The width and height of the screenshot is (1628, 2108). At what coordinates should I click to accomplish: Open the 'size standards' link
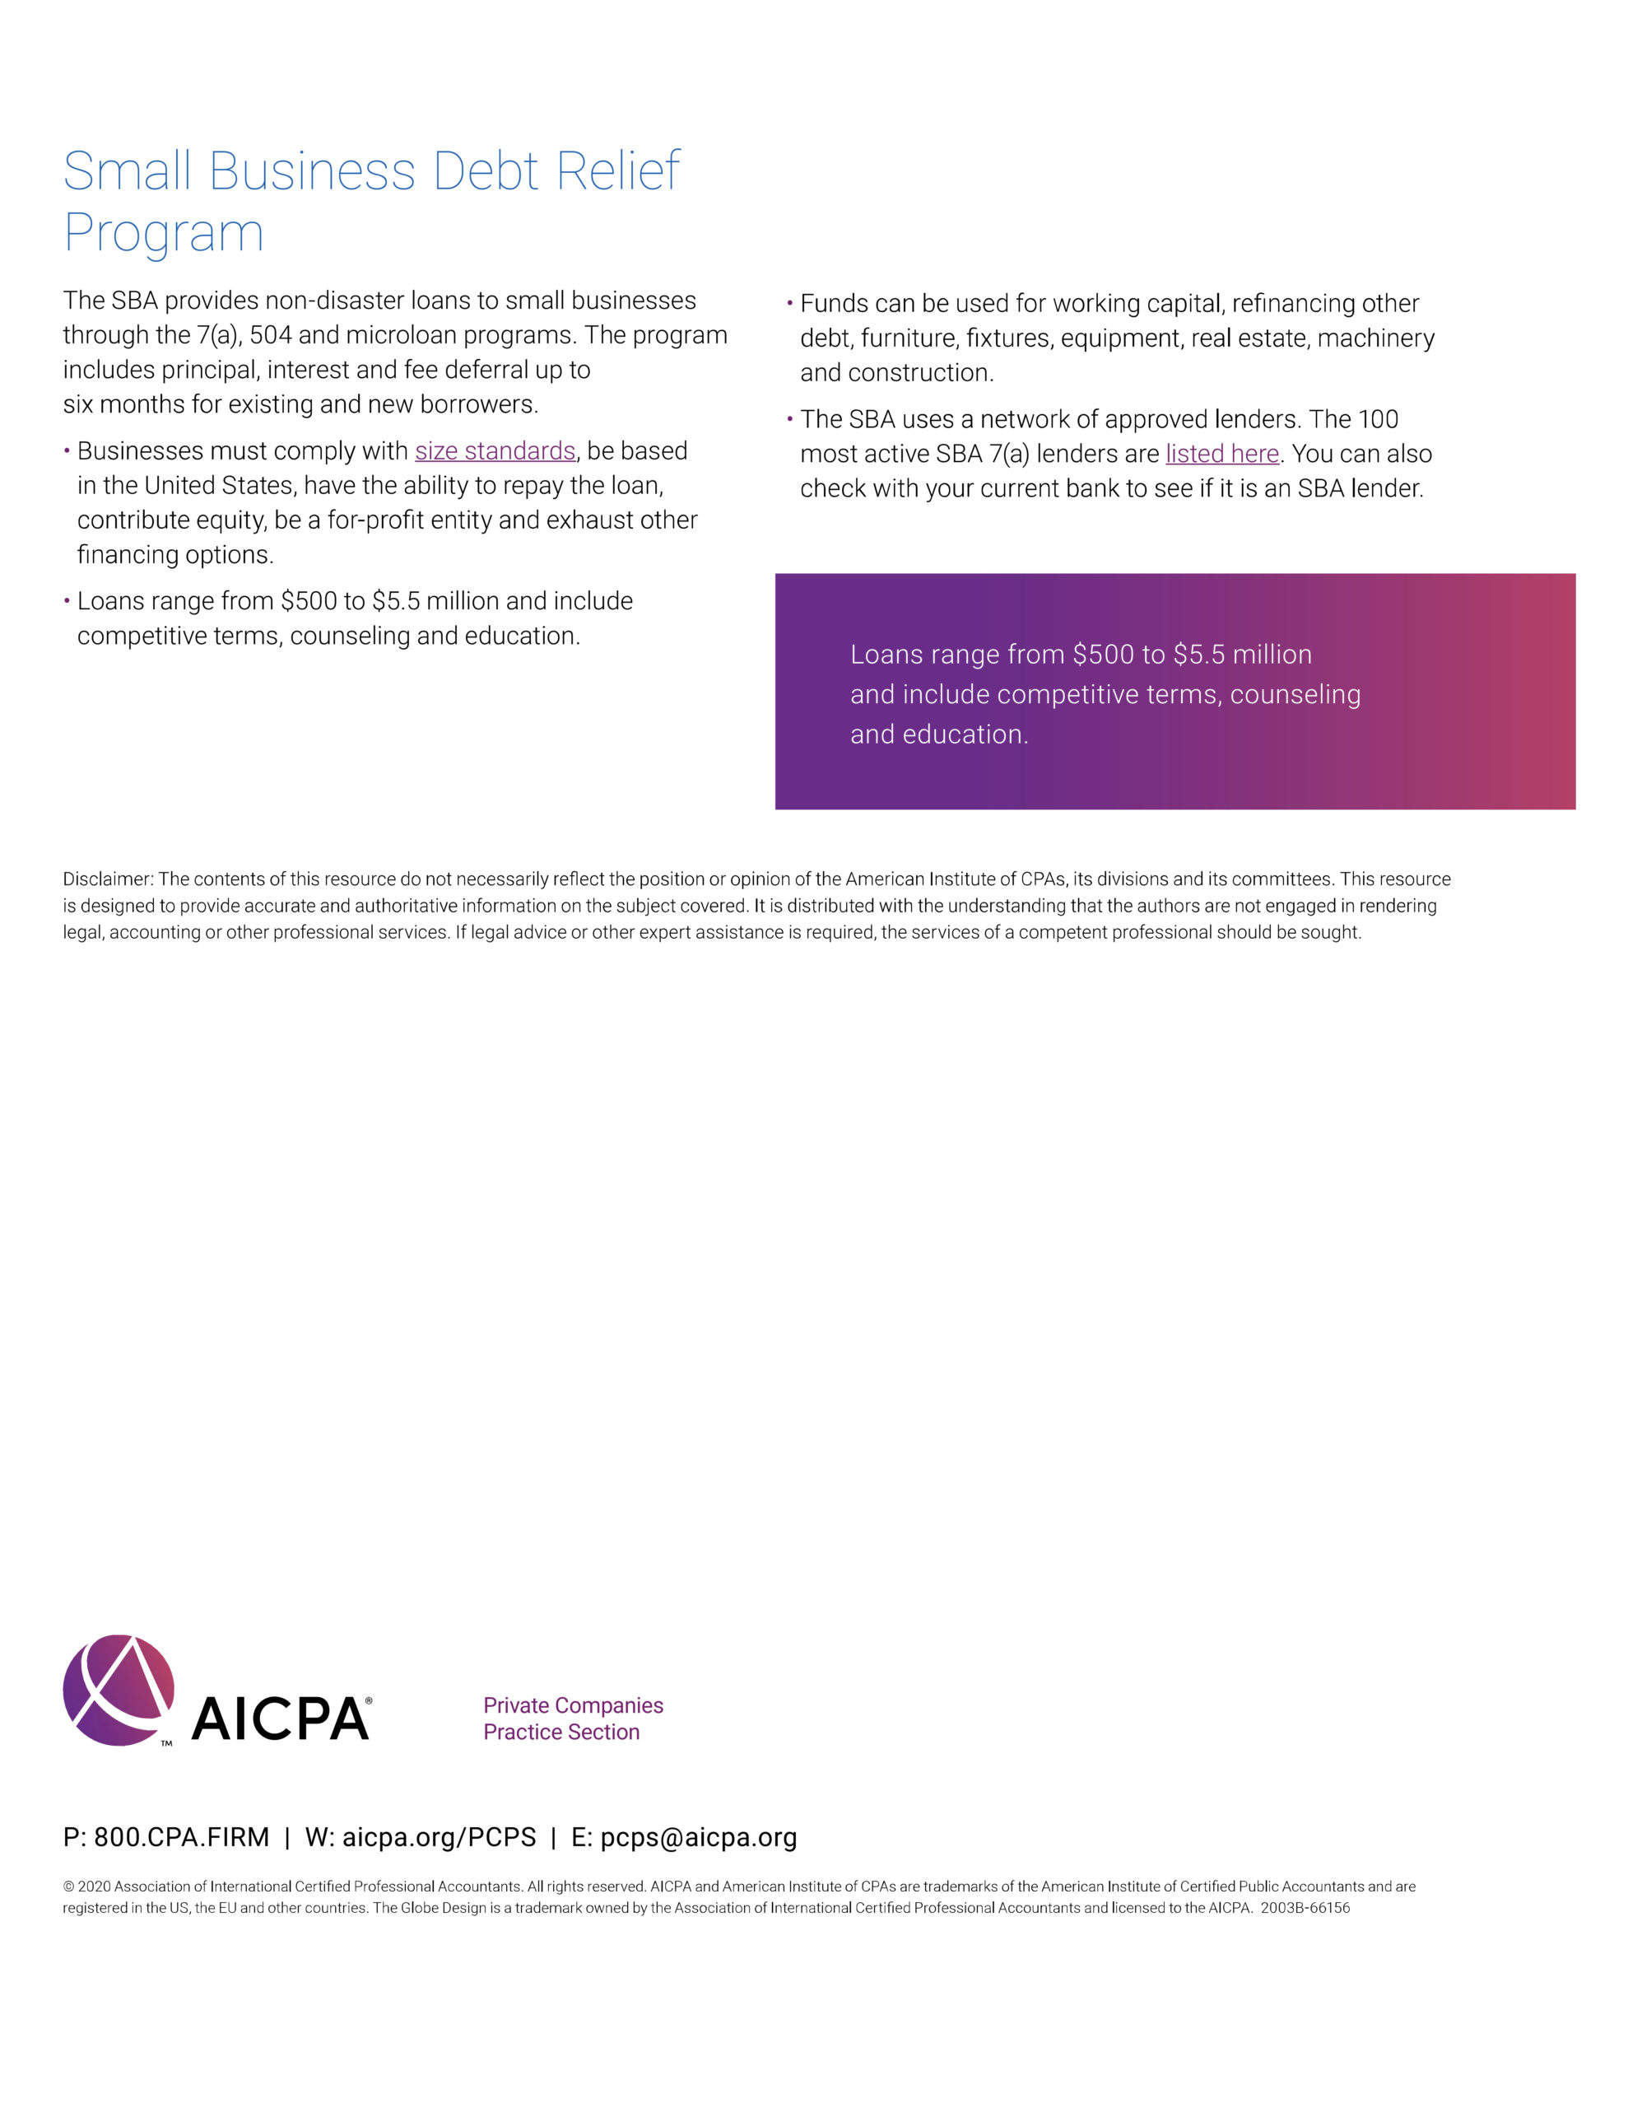[495, 450]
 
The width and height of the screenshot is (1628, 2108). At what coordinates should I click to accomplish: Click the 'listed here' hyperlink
[1221, 454]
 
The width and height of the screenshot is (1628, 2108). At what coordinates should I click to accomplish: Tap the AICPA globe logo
[119, 1689]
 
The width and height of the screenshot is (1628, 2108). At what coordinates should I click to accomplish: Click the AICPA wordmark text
[281, 1719]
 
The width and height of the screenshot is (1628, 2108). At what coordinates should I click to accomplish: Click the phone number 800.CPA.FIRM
[181, 1837]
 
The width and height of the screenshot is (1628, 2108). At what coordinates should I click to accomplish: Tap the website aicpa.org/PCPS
[439, 1837]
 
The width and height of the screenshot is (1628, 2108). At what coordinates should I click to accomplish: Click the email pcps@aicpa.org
[699, 1837]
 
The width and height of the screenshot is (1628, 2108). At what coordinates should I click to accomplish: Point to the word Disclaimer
[107, 879]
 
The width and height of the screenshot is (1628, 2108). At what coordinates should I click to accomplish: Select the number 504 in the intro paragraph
[270, 335]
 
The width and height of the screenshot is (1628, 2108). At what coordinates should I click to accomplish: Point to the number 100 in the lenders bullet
[1377, 419]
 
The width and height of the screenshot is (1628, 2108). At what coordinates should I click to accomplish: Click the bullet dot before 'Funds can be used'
[790, 303]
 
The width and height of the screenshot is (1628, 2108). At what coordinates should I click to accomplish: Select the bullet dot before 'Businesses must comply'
[67, 450]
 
